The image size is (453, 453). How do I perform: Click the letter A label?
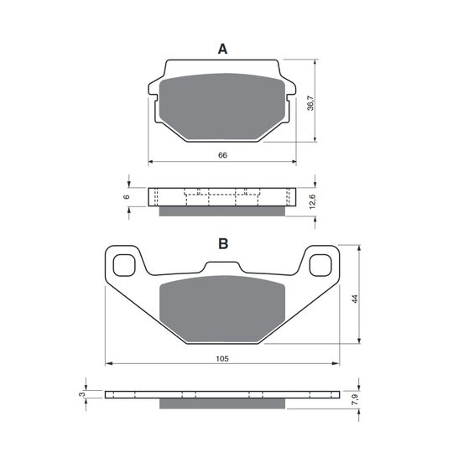pyautogui.click(x=222, y=49)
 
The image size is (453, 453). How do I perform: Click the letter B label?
pyautogui.click(x=223, y=243)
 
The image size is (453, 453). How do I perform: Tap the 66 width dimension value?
pyautogui.click(x=222, y=155)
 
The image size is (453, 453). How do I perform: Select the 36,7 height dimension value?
pyautogui.click(x=310, y=103)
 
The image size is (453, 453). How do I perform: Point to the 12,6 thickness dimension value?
pyautogui.click(x=312, y=201)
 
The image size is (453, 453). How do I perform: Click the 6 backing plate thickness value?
pyautogui.click(x=126, y=197)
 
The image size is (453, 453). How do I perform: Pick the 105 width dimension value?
pyautogui.click(x=222, y=358)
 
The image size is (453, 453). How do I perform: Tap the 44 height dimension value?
pyautogui.click(x=355, y=299)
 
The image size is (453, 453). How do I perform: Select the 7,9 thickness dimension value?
pyautogui.click(x=355, y=399)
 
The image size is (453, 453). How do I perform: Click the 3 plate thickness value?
pyautogui.click(x=82, y=394)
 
